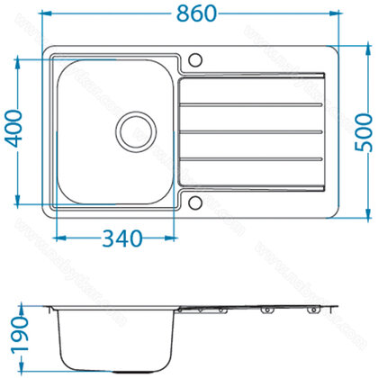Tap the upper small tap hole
(193, 60)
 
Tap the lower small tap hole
(193, 199)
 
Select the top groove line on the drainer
(252, 103)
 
